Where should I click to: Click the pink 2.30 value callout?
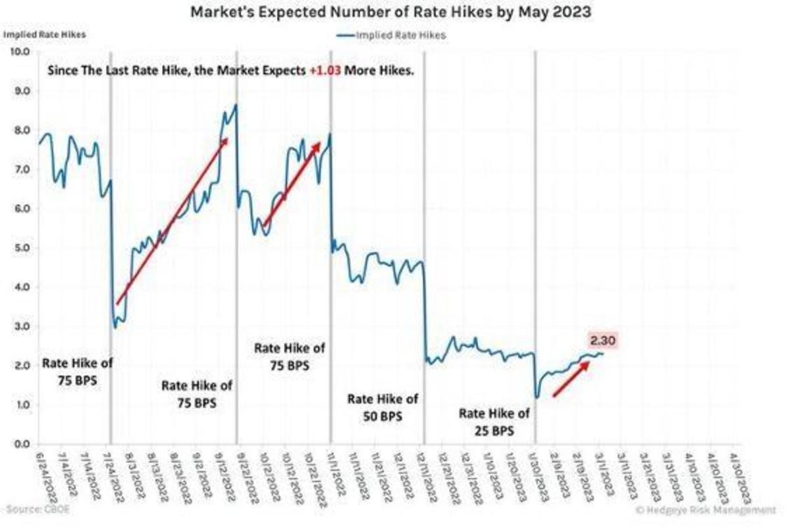603,341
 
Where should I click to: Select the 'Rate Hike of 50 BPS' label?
382,408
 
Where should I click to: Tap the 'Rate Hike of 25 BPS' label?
493,422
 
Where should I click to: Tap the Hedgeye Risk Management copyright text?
706,510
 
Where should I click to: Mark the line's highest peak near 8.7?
236,105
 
